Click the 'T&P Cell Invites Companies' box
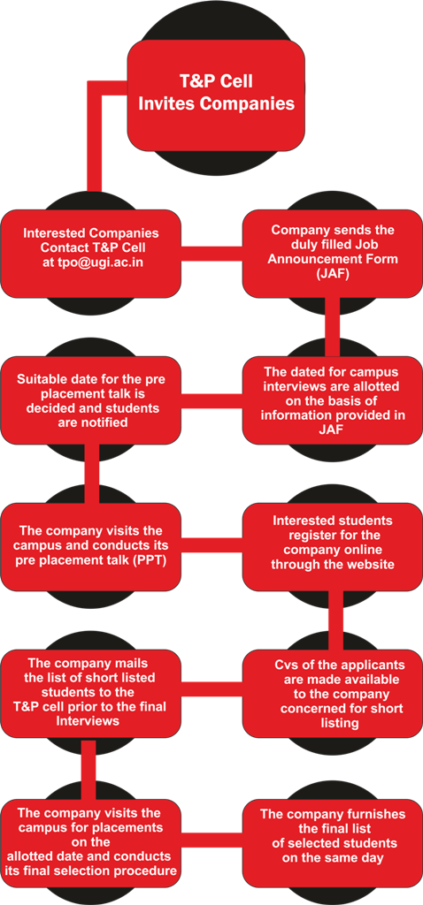pos(216,95)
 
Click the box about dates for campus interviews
pos(332,400)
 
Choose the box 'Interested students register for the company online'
pos(332,546)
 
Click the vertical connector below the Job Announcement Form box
pos(332,327)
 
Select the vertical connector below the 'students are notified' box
pos(92,474)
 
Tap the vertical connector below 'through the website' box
pos(336,620)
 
